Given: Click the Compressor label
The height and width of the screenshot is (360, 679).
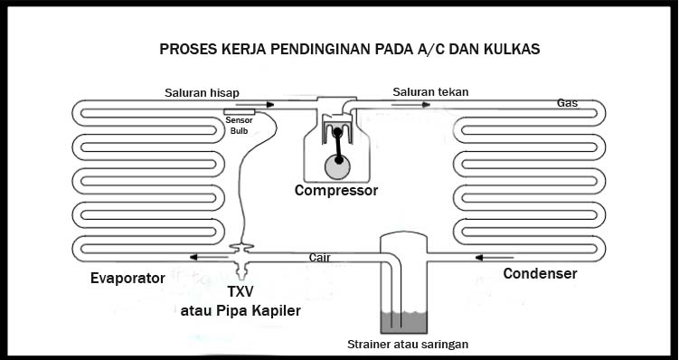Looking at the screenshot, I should point(336,191).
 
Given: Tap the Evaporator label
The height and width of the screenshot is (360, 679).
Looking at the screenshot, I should point(127,277).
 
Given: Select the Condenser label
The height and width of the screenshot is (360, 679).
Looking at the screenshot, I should point(540,273).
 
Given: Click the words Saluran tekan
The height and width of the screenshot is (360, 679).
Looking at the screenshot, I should point(430,91).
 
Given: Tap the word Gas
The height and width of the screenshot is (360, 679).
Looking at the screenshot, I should point(567,103).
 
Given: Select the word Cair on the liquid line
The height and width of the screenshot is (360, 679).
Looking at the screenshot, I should point(319,257).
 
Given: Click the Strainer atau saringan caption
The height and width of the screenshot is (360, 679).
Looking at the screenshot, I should point(408,345).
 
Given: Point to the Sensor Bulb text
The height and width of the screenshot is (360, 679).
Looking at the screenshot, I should point(239,125).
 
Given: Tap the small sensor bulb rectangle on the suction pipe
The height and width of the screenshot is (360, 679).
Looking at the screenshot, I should point(240,111).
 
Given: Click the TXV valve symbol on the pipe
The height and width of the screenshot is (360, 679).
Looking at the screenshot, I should point(241,252).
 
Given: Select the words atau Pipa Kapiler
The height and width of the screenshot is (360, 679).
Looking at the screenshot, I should point(240,312).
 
